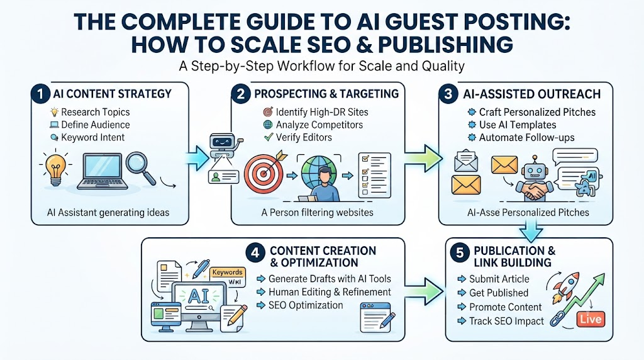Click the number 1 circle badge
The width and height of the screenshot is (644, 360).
40,94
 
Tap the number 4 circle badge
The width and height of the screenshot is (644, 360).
255,252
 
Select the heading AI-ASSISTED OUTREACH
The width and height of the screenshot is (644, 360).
532,94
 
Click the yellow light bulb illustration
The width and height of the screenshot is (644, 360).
55,169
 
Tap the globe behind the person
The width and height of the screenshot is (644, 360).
319,172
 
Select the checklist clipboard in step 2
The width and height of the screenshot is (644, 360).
374,175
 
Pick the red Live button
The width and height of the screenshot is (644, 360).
591,319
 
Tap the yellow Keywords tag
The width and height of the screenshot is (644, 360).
228,272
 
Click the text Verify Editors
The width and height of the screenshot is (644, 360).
304,137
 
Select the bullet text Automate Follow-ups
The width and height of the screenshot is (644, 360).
526,138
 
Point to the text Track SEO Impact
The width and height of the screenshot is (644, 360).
506,322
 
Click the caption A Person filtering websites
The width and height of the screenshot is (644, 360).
317,213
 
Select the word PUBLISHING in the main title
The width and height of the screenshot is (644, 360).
446,45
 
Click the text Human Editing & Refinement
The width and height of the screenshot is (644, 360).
330,292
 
